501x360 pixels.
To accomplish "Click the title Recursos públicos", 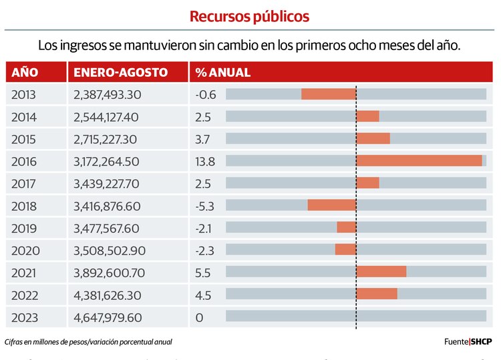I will pyautogui.click(x=249, y=16).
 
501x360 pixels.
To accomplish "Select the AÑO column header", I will pyautogui.click(x=25, y=72).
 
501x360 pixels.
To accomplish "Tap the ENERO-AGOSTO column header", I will pyautogui.click(x=121, y=72).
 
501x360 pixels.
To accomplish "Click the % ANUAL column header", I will pyautogui.click(x=223, y=72).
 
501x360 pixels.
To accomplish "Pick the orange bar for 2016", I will pyautogui.click(x=419, y=161).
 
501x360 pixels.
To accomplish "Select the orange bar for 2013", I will pyautogui.click(x=329, y=94).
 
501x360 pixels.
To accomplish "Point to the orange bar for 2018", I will pyautogui.click(x=332, y=205).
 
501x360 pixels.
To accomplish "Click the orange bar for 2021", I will pyautogui.click(x=381, y=271).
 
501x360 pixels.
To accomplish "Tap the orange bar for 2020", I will pyautogui.click(x=345, y=249).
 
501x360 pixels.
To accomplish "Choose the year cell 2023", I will pyautogui.click(x=25, y=318).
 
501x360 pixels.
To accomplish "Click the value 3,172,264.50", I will pyautogui.click(x=107, y=161).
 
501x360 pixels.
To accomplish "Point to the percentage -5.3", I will pyautogui.click(x=205, y=205).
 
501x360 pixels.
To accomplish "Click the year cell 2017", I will pyautogui.click(x=25, y=183).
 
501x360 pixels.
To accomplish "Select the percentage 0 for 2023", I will pyautogui.click(x=199, y=318).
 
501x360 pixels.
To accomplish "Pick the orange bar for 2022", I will pyautogui.click(x=377, y=294).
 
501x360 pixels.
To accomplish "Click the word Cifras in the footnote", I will pyautogui.click(x=15, y=342).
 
